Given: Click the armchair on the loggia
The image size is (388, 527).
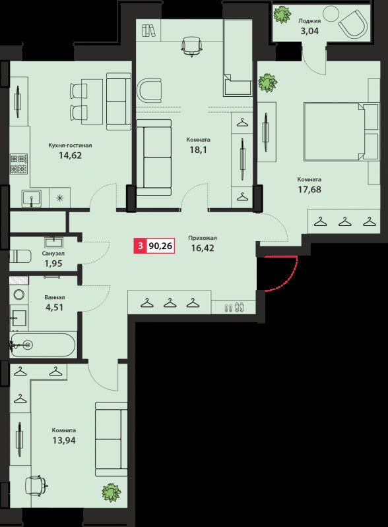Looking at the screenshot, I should (x=354, y=26).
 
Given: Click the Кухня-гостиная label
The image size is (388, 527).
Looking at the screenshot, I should (x=70, y=146).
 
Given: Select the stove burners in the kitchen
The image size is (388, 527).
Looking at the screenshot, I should (x=18, y=162).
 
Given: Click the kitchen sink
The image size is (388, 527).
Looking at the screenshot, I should (x=31, y=197).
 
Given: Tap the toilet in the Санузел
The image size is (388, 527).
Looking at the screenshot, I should (x=21, y=256).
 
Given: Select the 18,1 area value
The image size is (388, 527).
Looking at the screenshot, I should (x=198, y=150).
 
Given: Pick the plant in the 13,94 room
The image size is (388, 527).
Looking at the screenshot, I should (x=111, y=492).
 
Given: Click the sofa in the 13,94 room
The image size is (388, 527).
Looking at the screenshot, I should (x=110, y=439).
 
